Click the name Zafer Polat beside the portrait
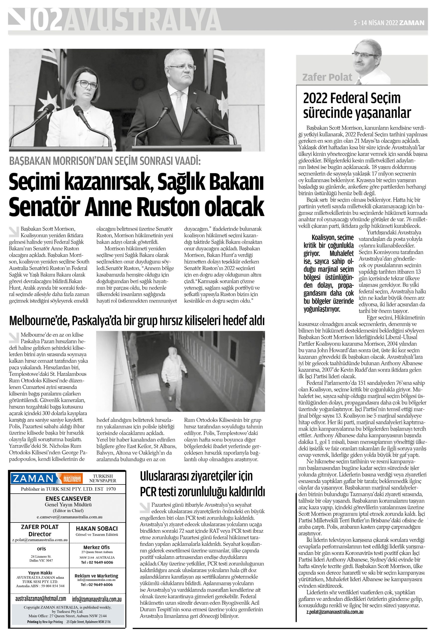click(327, 77)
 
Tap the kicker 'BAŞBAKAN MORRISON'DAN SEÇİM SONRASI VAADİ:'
click(105, 161)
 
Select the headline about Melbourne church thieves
click(137, 321)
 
